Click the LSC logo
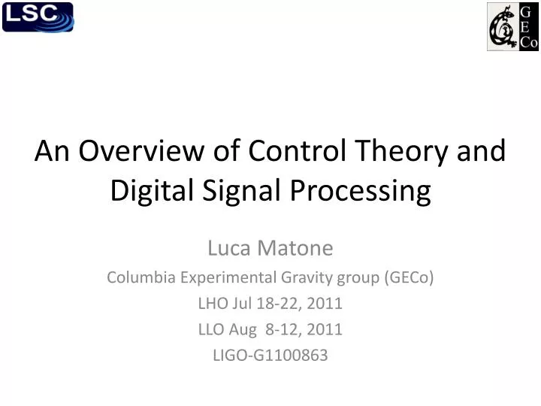click(38, 17)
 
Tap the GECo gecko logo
click(512, 26)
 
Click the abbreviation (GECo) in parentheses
click(408, 277)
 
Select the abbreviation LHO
click(213, 303)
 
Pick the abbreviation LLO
click(213, 329)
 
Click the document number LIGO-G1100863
click(270, 356)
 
